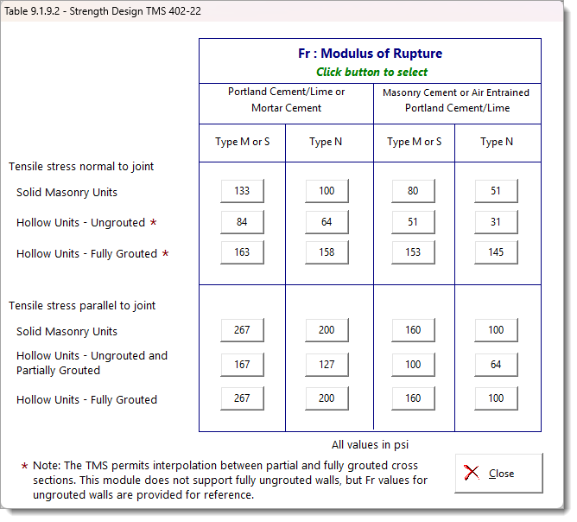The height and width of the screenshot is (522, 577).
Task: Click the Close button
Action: (498, 473)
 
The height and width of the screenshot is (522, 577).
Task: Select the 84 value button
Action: (242, 222)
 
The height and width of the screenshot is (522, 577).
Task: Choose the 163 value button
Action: (242, 253)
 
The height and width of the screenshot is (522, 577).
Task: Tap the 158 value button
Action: (327, 253)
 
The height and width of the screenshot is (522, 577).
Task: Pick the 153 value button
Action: (413, 253)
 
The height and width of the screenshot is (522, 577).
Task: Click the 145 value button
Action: (496, 253)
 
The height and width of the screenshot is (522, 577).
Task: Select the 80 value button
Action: (413, 191)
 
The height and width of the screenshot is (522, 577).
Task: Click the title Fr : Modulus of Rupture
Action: (370, 54)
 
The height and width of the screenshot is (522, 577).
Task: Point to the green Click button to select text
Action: (371, 73)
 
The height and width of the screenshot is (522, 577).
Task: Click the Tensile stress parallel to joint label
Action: (82, 305)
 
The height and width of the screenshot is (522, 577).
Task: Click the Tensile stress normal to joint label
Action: (81, 166)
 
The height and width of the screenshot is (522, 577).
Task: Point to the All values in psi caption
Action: (371, 444)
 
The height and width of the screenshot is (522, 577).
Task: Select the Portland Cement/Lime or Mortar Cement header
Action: (286, 100)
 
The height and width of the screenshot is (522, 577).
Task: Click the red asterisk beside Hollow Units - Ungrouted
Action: (154, 223)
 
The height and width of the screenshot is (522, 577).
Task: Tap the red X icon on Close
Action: (472, 473)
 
